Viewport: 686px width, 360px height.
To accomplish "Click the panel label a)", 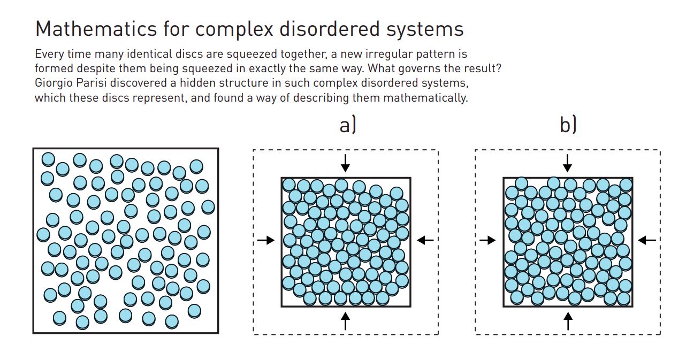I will tap(347, 125).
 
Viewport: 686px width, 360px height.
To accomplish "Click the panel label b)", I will tap(568, 125).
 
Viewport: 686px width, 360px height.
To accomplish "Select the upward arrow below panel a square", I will tap(345, 320).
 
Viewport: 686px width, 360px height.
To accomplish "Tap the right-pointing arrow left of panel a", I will tap(265, 241).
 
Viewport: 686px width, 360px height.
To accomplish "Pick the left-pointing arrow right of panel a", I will tap(425, 241).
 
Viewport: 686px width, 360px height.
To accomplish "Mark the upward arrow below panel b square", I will tap(568, 320).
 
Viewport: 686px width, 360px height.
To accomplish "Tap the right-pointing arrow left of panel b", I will tap(487, 241).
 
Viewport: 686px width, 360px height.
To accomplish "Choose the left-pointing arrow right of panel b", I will tap(647, 241).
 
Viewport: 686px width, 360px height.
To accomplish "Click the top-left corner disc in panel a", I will tap(289, 185).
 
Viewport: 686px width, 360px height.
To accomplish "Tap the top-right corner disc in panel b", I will tap(626, 185).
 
